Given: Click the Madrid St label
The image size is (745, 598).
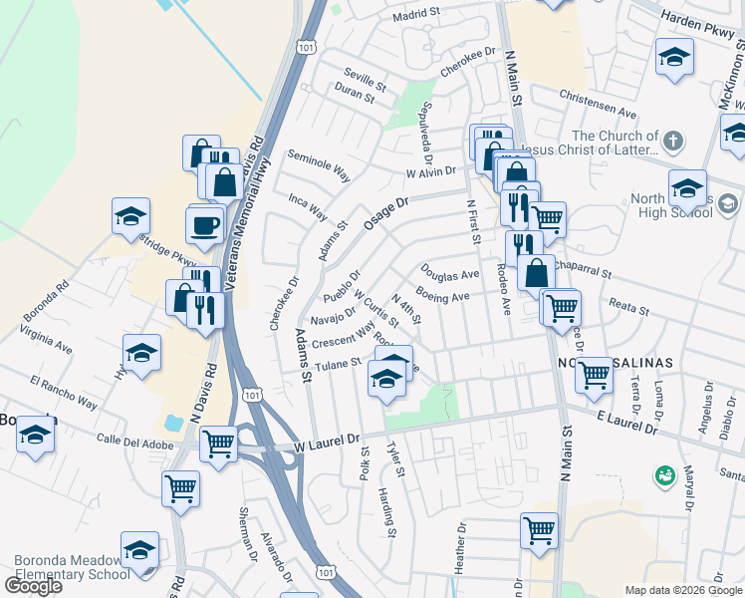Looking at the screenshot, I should tap(415, 15).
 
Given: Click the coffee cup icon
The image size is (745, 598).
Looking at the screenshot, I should tap(205, 224).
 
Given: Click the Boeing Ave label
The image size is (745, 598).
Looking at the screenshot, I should tap(442, 296).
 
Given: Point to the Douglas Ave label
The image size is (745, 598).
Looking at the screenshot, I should tap(449, 273).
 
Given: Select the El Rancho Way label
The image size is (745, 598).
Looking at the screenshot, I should tap(63, 393).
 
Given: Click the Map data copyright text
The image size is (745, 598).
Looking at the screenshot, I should tap(683, 590).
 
